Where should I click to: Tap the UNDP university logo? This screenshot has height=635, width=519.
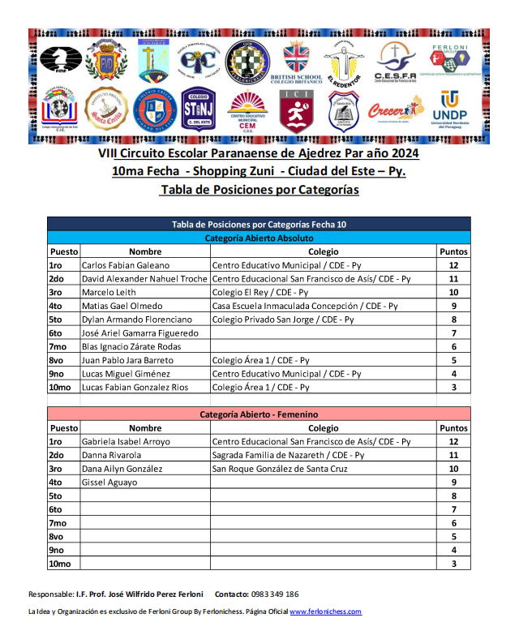click(448, 110)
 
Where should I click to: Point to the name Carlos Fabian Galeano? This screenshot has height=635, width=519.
click(126, 265)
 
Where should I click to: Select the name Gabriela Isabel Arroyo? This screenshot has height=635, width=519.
click(126, 441)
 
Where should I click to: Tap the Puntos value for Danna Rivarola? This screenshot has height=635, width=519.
click(453, 455)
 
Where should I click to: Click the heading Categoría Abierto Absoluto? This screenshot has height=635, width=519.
click(259, 238)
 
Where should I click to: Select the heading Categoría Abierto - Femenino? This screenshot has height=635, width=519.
click(259, 414)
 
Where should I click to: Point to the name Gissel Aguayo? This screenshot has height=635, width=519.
click(109, 483)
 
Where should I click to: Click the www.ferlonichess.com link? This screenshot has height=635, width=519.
click(325, 611)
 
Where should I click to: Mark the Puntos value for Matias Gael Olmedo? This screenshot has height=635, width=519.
click(453, 306)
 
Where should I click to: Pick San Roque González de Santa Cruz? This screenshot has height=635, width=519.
click(280, 469)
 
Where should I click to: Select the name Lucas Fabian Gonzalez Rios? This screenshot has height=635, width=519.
click(135, 387)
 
